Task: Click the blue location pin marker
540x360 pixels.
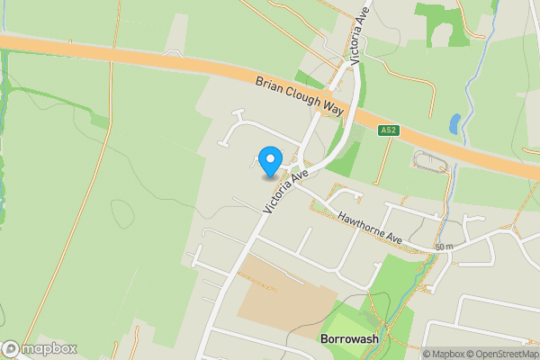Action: (x=269, y=162)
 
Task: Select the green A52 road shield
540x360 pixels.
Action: (x=388, y=130)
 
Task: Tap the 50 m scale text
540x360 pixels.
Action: (x=443, y=247)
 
